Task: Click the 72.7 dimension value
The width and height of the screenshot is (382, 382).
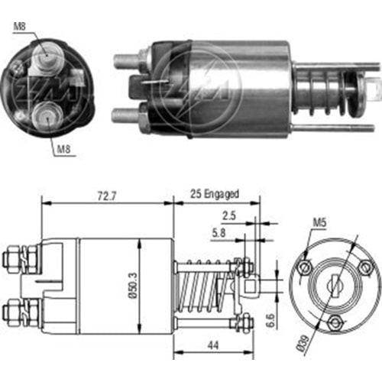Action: (107, 196)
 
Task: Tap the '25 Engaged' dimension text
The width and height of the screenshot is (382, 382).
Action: (215, 194)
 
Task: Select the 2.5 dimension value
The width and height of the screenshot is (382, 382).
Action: (229, 216)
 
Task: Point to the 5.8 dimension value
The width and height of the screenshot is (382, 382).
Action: (219, 233)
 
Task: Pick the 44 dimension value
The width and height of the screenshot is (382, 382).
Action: (213, 345)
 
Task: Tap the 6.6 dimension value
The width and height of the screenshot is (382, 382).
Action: (270, 320)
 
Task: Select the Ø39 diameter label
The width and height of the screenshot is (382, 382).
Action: (303, 343)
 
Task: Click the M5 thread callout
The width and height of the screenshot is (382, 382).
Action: (319, 222)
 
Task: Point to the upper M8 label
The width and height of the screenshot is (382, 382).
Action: (20, 26)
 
